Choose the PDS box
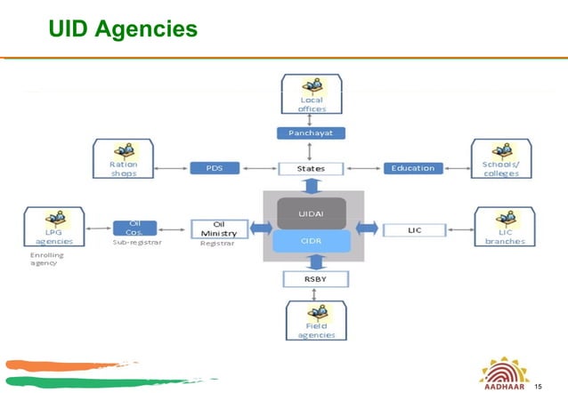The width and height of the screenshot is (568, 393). (211, 167)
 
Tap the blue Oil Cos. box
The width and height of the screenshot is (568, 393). (135, 228)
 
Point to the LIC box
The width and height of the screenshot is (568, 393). (414, 229)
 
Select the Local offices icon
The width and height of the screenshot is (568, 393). (311, 94)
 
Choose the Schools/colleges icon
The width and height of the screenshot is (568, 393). (500, 157)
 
